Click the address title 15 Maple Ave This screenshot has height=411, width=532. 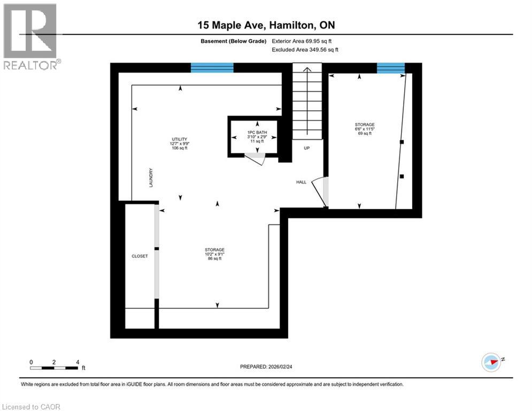coord(266,25)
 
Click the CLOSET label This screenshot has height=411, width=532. coord(140,256)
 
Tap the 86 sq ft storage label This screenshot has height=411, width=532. coord(214,254)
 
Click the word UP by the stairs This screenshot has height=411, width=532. coord(306,148)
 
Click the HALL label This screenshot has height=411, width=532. coord(302,182)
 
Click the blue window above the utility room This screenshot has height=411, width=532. coord(212,67)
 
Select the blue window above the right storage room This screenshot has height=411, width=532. coord(390,67)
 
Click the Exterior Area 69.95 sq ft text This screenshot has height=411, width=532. coord(305,41)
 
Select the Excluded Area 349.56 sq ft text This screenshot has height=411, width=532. coord(305,50)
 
